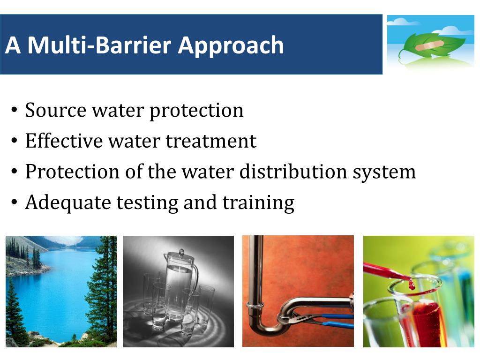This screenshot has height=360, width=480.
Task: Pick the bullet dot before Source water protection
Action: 15,111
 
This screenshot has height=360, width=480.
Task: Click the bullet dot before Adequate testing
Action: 15,203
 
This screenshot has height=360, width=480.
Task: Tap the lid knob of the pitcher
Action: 181,252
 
